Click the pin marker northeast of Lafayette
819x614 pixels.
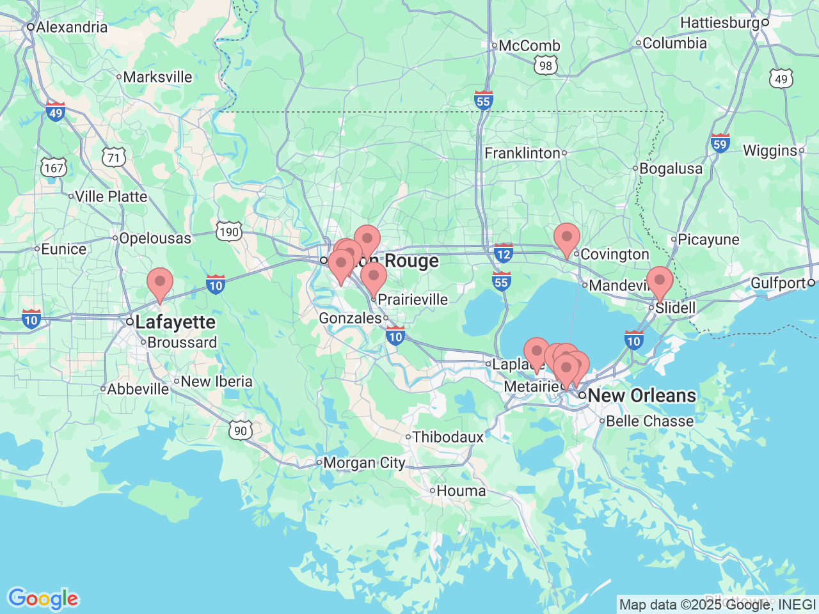click(160, 282)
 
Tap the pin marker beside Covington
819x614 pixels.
click(566, 238)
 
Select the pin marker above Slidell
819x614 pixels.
click(659, 281)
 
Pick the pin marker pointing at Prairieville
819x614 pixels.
click(374, 277)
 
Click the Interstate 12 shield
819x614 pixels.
click(504, 253)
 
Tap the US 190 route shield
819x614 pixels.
click(228, 231)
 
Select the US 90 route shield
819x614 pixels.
click(241, 430)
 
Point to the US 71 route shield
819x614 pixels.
click(113, 157)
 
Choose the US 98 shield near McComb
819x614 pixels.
click(545, 65)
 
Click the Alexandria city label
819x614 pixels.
click(72, 28)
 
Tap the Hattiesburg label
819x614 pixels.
click(720, 23)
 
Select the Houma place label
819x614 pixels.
click(461, 491)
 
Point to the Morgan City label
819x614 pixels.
click(364, 462)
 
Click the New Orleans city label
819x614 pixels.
click(642, 396)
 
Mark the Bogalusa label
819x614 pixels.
click(671, 169)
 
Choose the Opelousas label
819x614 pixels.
click(155, 239)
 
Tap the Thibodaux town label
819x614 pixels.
click(448, 437)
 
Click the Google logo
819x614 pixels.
click(43, 599)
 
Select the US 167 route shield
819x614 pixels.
click(54, 168)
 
